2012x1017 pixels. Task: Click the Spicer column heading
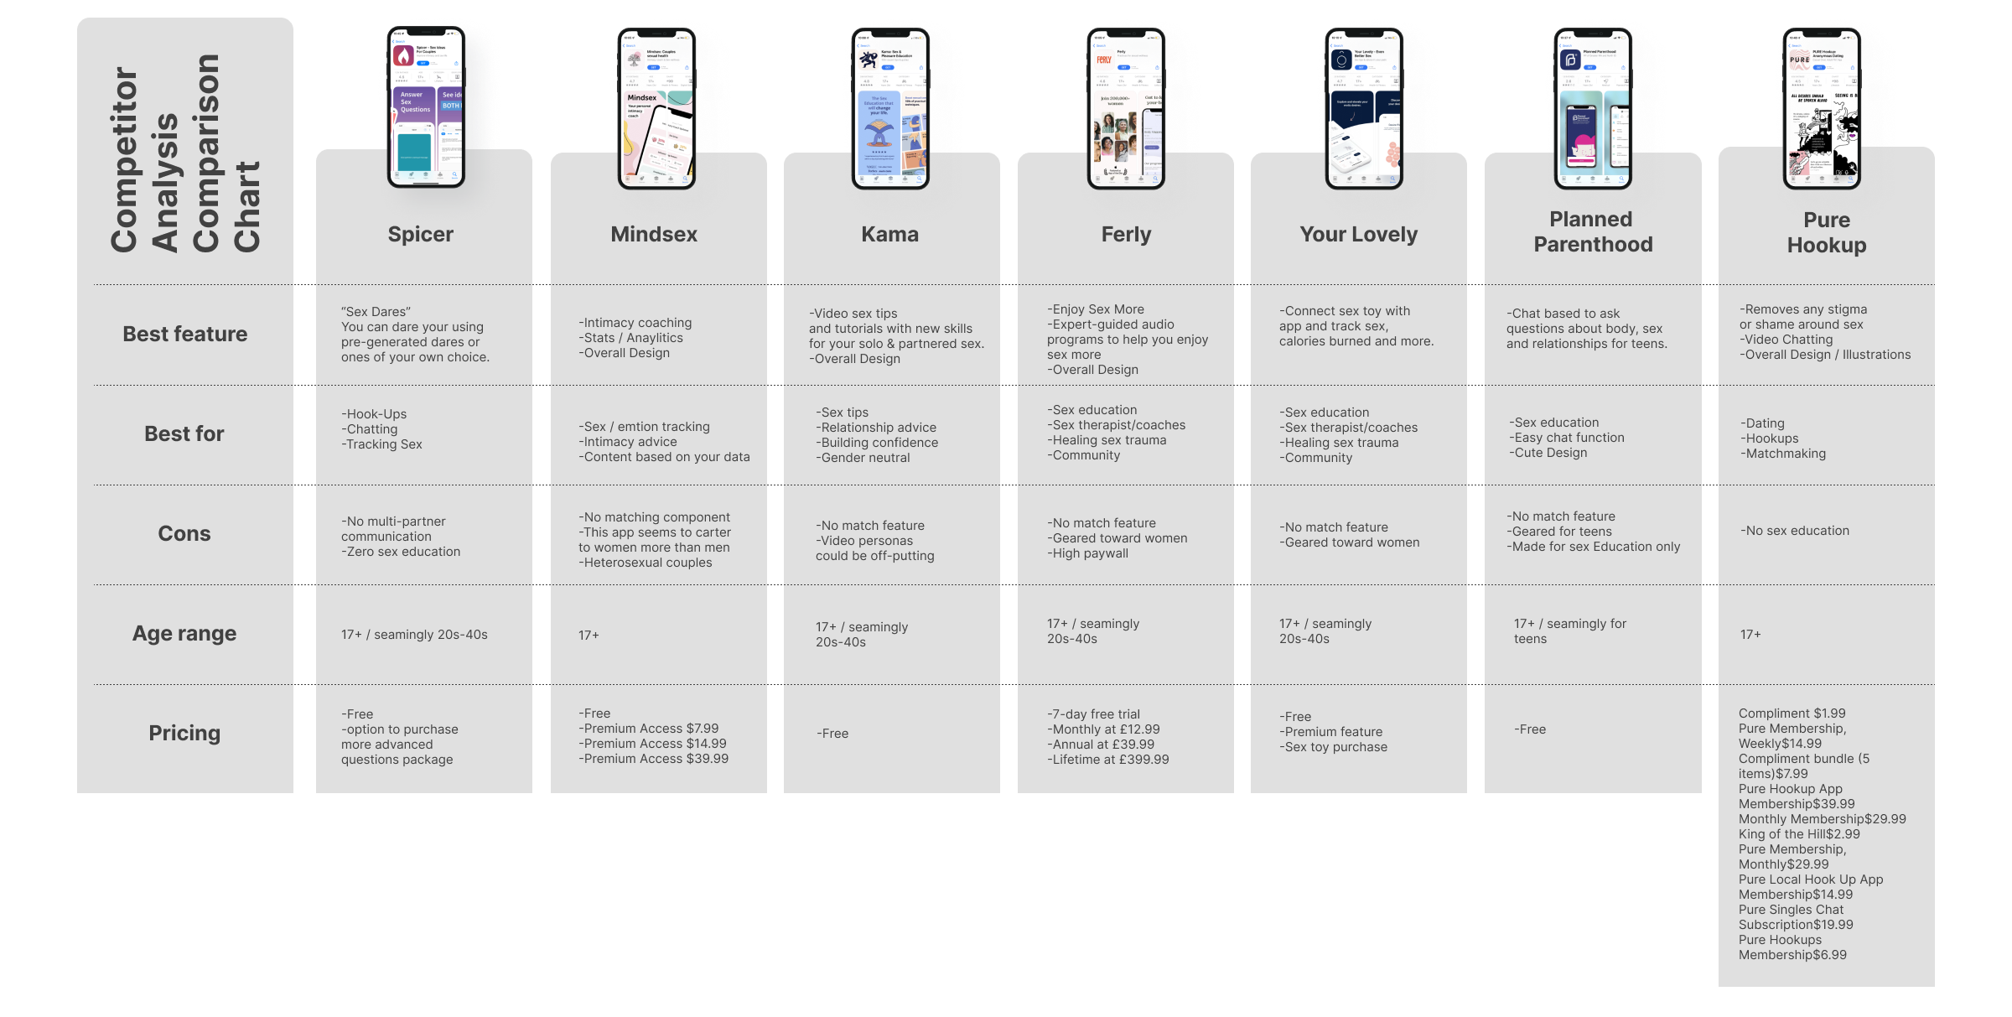click(x=420, y=234)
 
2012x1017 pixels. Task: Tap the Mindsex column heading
click(x=654, y=234)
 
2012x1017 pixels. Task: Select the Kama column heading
click(x=889, y=234)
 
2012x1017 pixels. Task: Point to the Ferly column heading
click(x=1126, y=234)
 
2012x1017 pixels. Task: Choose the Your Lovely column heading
click(x=1358, y=234)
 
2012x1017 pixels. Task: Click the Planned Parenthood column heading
click(x=1592, y=231)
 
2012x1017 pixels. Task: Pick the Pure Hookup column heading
click(x=1827, y=232)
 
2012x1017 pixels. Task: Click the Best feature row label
click(x=184, y=334)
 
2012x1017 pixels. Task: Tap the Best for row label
click(x=184, y=433)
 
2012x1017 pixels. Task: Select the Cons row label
click(x=184, y=533)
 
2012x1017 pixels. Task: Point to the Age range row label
click(x=184, y=633)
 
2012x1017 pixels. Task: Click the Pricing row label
click(x=184, y=733)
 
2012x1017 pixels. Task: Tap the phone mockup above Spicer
click(x=426, y=106)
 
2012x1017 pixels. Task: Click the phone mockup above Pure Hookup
click(x=1821, y=106)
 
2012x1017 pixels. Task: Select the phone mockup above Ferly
click(x=1126, y=106)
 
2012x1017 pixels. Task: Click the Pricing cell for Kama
click(x=832, y=734)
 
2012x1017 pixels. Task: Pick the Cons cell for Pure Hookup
click(x=1795, y=531)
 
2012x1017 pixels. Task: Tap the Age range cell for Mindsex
click(x=589, y=636)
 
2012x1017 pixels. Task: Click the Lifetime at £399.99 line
click(x=1107, y=760)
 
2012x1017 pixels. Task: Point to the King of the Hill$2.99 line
click(x=1799, y=834)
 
